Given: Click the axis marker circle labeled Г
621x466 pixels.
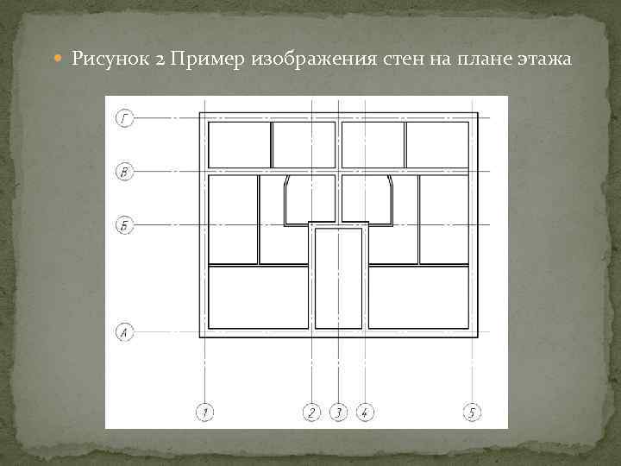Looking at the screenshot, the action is [x=124, y=118].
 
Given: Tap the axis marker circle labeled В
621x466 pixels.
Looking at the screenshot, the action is [x=124, y=173].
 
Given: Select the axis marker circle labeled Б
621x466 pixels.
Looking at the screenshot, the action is [x=124, y=226].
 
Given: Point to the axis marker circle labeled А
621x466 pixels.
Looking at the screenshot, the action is [x=124, y=331].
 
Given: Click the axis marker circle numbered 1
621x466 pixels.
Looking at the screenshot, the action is [x=204, y=412].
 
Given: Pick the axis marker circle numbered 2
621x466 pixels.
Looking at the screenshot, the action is [x=311, y=412].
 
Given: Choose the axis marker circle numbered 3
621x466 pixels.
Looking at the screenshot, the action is [x=338, y=412].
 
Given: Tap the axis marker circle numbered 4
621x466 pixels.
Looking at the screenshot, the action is [x=365, y=412].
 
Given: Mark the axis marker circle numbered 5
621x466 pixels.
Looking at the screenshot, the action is [x=473, y=412].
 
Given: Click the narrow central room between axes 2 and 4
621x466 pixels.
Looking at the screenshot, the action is [x=338, y=278].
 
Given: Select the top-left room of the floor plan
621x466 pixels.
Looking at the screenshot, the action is [x=239, y=144].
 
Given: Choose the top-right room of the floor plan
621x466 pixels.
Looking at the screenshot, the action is [x=437, y=144].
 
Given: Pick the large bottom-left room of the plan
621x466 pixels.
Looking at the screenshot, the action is [x=258, y=297].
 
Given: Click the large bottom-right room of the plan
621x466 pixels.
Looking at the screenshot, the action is [x=418, y=297].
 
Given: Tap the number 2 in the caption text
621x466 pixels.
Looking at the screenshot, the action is [x=161, y=60].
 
